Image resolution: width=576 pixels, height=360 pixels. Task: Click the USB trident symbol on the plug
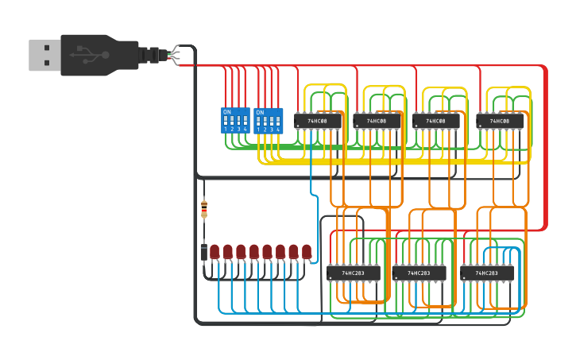(93, 55)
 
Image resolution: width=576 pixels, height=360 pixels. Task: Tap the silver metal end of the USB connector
(44, 56)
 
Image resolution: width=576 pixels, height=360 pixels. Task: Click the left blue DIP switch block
(235, 120)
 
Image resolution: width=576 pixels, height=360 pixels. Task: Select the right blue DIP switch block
(269, 120)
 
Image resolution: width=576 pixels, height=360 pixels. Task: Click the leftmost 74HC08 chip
(318, 121)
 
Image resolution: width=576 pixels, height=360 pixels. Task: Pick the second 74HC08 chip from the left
(377, 121)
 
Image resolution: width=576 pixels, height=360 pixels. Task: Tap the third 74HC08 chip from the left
(436, 121)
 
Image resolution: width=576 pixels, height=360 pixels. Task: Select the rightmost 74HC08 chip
(500, 121)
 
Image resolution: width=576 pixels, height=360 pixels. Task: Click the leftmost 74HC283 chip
(353, 273)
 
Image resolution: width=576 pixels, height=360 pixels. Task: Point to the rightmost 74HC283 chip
(485, 273)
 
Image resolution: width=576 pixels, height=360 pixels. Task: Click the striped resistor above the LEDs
(204, 209)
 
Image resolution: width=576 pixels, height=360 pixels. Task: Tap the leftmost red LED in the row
(215, 252)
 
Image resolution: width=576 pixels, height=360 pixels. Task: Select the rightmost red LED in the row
(307, 252)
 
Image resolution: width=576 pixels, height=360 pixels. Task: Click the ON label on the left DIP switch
(226, 112)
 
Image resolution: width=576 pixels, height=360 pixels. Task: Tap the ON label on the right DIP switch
(260, 112)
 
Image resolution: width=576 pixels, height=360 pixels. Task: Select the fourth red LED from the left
(254, 252)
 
